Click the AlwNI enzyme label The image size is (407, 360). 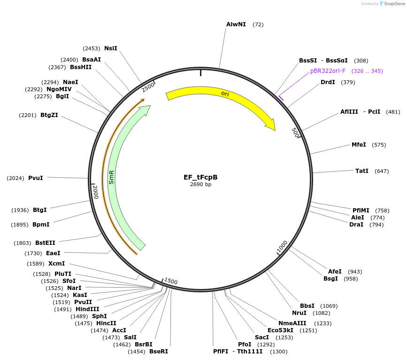236,24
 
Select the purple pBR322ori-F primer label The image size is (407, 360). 328,71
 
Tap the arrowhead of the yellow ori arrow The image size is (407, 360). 271,125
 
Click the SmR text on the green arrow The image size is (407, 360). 111,177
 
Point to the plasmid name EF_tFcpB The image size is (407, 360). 200,177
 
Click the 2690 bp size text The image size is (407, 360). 200,184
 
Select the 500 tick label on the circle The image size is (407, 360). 295,133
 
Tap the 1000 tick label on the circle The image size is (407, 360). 282,246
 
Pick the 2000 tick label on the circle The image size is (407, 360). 95,192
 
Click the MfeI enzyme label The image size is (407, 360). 359,145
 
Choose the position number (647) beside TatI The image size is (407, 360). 382,171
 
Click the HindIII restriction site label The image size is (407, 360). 87,309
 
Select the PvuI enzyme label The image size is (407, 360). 36,178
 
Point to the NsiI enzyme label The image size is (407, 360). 111,48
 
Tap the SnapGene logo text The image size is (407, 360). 394,4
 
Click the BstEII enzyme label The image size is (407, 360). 45,243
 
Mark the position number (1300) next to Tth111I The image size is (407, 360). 279,352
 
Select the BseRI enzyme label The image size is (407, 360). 159,352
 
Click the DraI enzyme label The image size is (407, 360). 356,225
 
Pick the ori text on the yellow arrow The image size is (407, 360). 225,94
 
